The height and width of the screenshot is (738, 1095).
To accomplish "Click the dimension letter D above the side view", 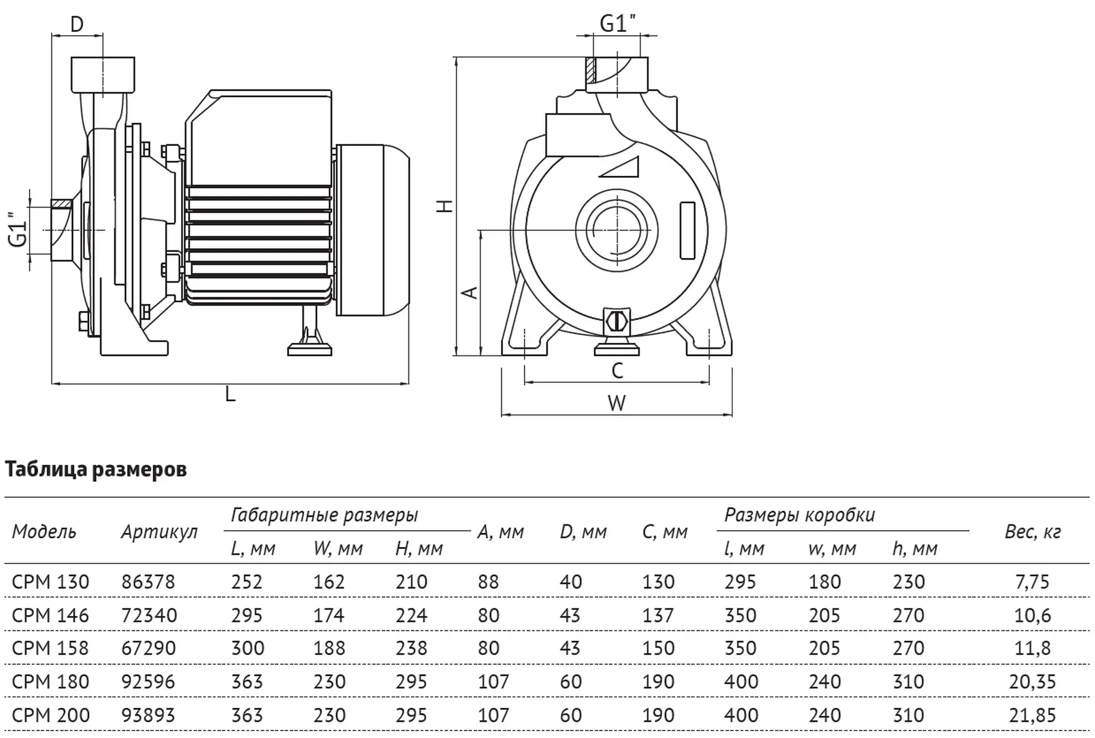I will pyautogui.click(x=76, y=25).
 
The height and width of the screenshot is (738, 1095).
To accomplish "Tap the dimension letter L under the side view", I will pyautogui.click(x=230, y=394).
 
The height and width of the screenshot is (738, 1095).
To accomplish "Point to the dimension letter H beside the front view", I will pyautogui.click(x=445, y=205).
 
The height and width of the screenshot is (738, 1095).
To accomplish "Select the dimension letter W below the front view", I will pyautogui.click(x=617, y=403).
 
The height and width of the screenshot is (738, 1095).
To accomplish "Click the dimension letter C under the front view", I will pyautogui.click(x=617, y=371).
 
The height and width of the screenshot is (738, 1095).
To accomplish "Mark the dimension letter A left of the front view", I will pyautogui.click(x=470, y=293).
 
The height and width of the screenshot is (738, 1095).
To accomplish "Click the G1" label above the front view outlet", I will pyautogui.click(x=618, y=23).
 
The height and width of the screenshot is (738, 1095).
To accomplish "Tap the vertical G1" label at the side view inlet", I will pyautogui.click(x=18, y=230).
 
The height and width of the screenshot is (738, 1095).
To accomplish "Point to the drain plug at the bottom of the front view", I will pyautogui.click(x=617, y=321).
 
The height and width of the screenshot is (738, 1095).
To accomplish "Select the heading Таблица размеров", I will pyautogui.click(x=96, y=469).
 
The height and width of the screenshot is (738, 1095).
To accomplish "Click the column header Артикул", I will pyautogui.click(x=159, y=532).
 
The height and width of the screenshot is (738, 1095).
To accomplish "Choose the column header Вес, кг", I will pyautogui.click(x=1032, y=532).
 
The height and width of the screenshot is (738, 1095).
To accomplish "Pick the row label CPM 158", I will pyautogui.click(x=50, y=648).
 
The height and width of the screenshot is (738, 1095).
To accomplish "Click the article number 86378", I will pyautogui.click(x=148, y=582).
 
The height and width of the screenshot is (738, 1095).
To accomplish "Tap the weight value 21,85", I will pyautogui.click(x=1032, y=715).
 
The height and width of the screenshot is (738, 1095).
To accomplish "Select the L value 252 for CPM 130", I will pyautogui.click(x=247, y=582).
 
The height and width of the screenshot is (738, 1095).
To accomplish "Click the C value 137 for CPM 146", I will pyautogui.click(x=658, y=615).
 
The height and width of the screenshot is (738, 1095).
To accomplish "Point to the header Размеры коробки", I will pyautogui.click(x=800, y=515).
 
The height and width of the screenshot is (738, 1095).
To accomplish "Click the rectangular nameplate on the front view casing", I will pyautogui.click(x=688, y=230).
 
